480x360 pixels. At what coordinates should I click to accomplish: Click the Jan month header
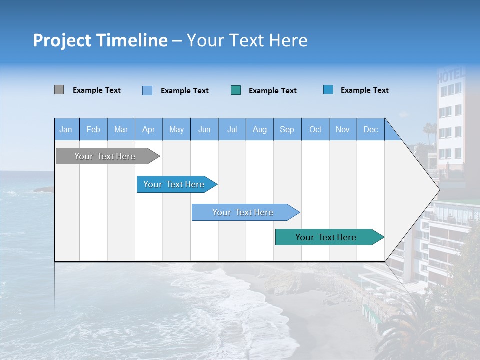coord(66,129)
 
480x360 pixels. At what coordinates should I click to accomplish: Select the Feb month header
coord(93,129)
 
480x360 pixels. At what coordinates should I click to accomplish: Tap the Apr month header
coord(148,129)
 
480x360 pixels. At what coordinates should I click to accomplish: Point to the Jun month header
coord(204,129)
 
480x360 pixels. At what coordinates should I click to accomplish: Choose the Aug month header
coord(259,129)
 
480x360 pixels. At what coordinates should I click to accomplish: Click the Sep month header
coord(287,129)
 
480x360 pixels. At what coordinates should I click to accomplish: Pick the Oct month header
coord(315,129)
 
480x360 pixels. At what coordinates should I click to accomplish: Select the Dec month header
coord(370,129)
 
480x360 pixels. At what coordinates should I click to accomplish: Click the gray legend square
coord(59,90)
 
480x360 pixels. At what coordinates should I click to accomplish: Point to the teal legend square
coord(236,90)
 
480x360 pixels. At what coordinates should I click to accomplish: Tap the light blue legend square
coord(147,90)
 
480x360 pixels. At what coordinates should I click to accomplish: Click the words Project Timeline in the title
coord(100,40)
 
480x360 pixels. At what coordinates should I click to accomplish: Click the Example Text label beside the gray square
coord(97,90)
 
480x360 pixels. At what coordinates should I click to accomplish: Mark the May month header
coord(176,129)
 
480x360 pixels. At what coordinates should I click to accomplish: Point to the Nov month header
coord(343,129)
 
